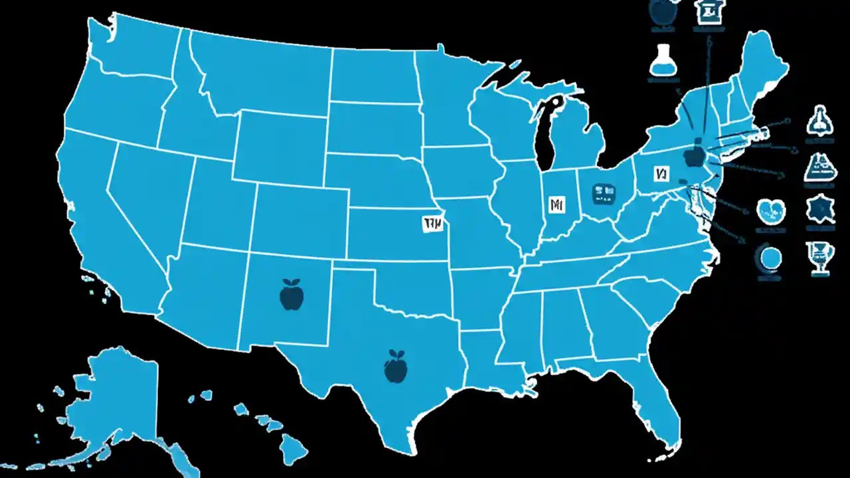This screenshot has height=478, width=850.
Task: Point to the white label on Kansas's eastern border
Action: coord(432,224)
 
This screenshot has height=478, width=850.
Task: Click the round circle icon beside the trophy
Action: coord(769,257)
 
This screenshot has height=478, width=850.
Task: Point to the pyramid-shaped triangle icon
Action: coord(817,167)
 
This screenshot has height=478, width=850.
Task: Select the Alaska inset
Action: coord(110,398)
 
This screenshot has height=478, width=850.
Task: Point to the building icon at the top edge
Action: coord(706,11)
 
